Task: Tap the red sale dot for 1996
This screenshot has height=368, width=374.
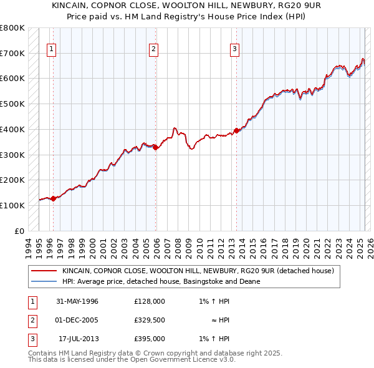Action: [54, 198]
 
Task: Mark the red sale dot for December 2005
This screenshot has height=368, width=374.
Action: [156, 147]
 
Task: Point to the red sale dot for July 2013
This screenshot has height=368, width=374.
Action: [236, 131]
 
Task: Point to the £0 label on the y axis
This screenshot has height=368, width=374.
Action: [20, 231]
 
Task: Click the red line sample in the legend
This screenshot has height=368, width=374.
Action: [44, 271]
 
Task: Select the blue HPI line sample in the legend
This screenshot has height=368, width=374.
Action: [44, 281]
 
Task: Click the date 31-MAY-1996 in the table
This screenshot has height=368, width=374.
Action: [77, 301]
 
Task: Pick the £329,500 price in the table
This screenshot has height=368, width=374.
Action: [150, 320]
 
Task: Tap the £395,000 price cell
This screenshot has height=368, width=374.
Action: [150, 339]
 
